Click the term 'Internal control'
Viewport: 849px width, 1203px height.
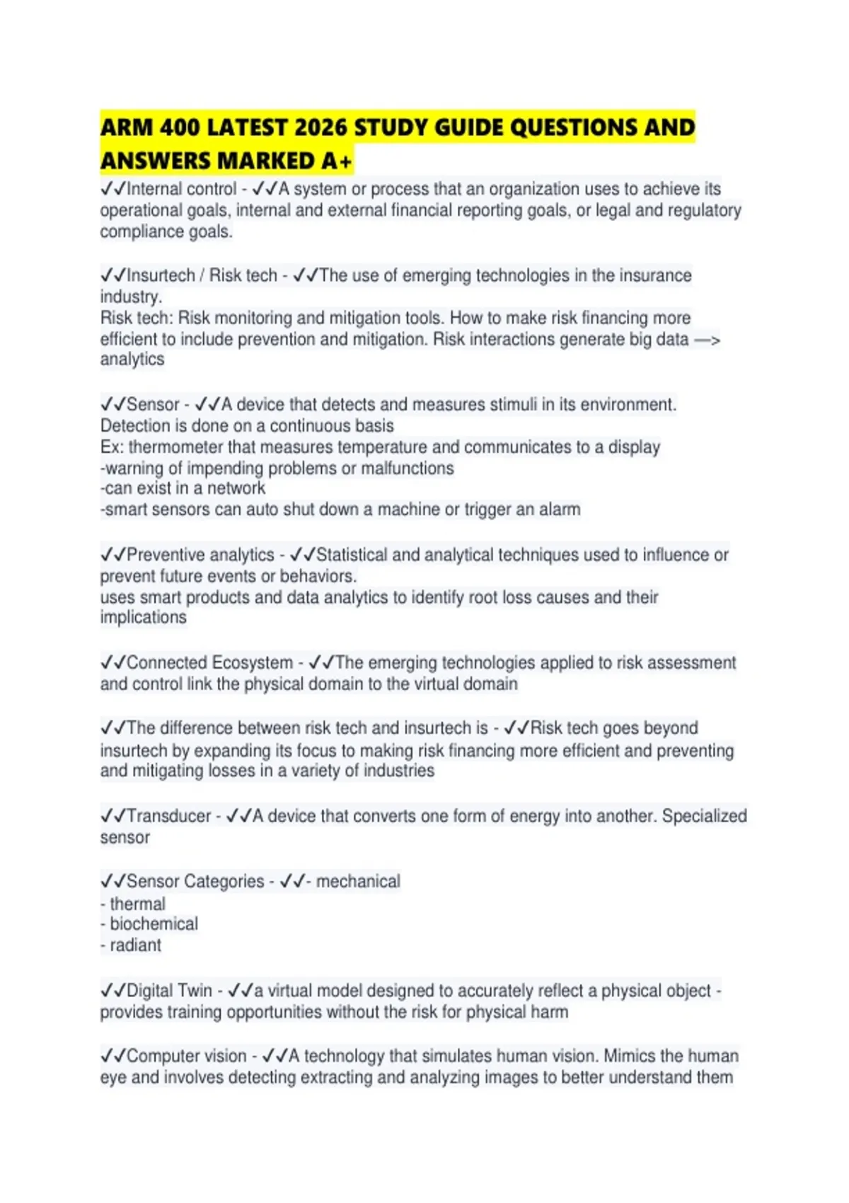tap(181, 189)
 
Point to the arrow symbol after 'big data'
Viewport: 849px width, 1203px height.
tap(707, 340)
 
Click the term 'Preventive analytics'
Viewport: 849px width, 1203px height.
tap(200, 555)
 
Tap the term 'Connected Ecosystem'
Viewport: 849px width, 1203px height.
tap(209, 663)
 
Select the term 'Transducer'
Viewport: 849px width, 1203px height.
tap(168, 816)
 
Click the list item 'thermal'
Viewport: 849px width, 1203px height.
tap(137, 904)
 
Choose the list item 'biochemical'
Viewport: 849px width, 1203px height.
tap(154, 924)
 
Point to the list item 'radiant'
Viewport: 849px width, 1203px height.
tap(135, 945)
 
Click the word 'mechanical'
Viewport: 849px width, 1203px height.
tap(358, 882)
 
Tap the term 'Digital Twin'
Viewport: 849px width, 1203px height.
tap(169, 991)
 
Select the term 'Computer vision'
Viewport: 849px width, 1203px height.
tap(186, 1056)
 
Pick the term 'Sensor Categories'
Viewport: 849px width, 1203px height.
tap(195, 882)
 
